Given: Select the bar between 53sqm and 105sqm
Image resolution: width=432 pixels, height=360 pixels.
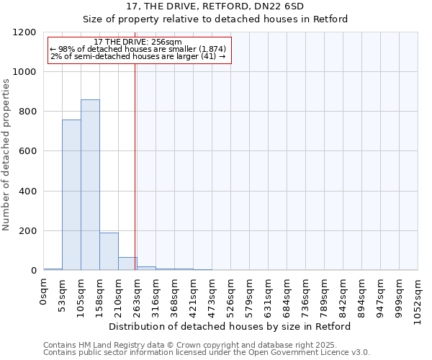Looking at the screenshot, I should (x=71, y=195).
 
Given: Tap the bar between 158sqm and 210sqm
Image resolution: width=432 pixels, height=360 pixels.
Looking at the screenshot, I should (x=109, y=251).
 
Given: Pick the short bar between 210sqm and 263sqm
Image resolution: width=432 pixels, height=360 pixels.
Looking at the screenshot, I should (x=127, y=264).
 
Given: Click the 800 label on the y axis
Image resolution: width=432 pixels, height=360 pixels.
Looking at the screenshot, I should (x=29, y=112).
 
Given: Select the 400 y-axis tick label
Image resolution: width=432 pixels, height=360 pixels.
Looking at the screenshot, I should (x=29, y=192).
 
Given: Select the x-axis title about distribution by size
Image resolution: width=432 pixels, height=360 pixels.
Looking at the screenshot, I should (x=230, y=326).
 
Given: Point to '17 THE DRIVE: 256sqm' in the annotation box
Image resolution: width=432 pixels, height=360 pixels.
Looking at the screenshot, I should (x=138, y=42).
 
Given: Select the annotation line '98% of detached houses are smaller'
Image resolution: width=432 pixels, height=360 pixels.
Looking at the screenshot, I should (x=138, y=49).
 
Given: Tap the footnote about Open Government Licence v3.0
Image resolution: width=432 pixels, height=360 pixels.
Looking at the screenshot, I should (x=207, y=353).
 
